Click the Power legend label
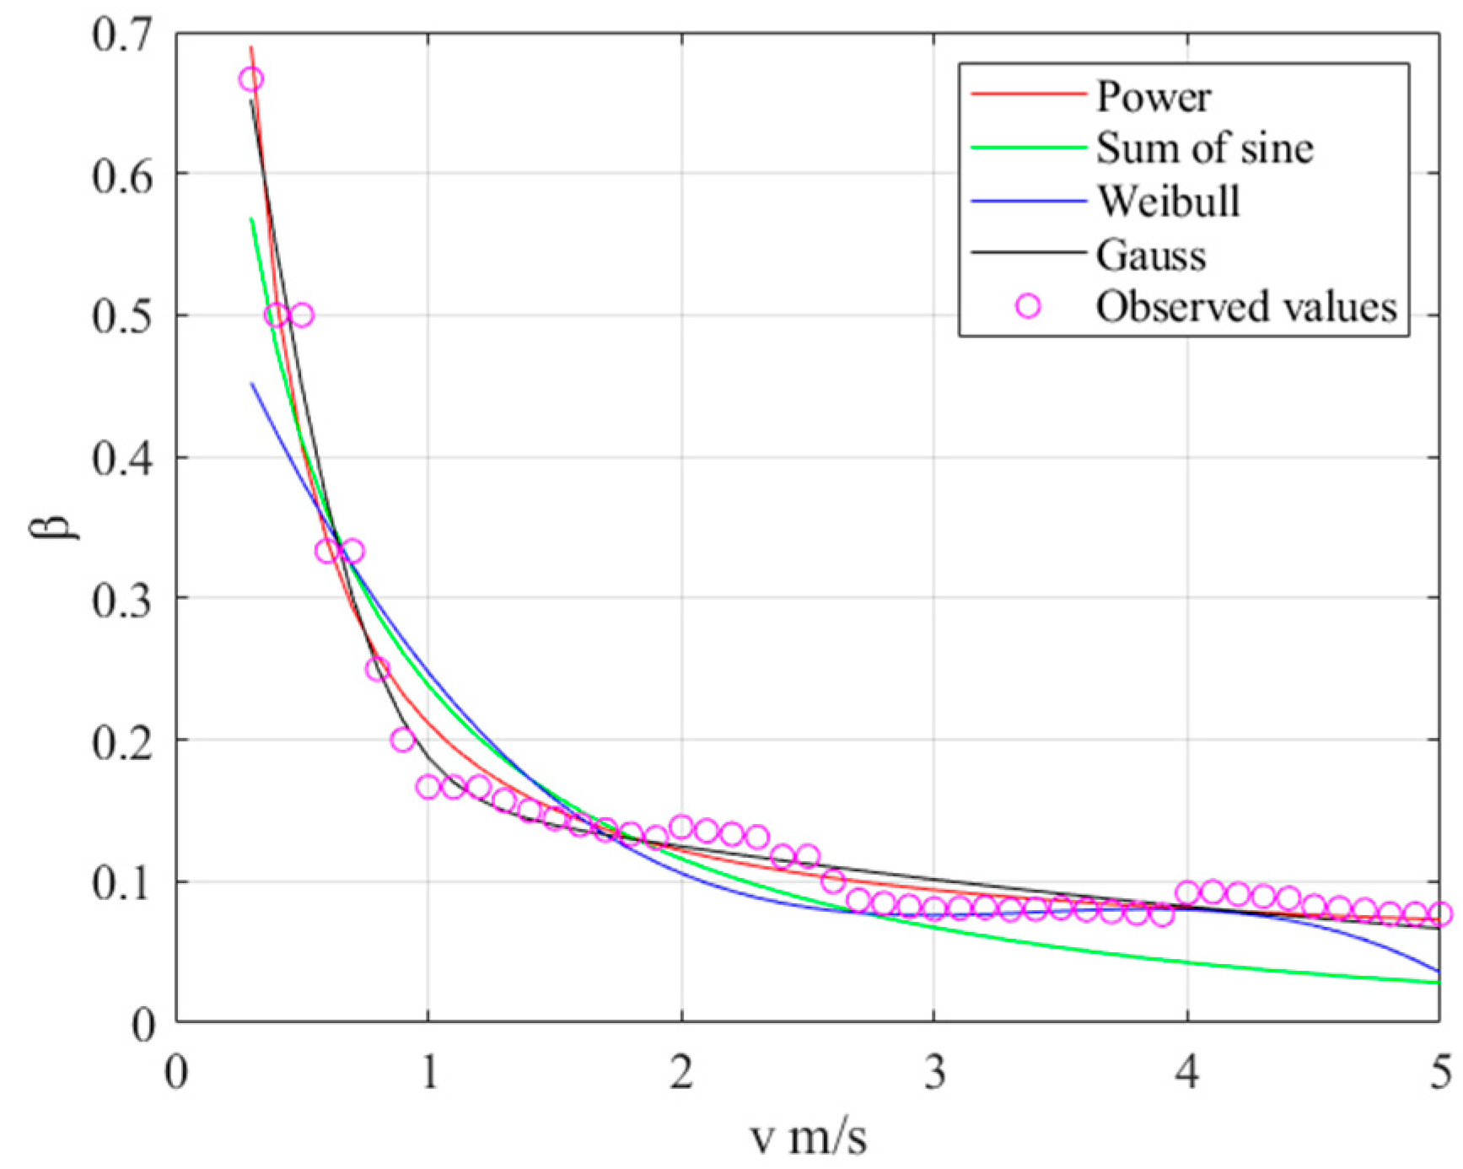(1153, 96)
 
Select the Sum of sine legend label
(1204, 148)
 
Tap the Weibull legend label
(1168, 201)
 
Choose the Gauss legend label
(1151, 254)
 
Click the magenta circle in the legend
(1028, 306)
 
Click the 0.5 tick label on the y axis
(123, 315)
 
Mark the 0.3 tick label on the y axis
(123, 598)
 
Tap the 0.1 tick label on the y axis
(123, 882)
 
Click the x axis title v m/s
(808, 1136)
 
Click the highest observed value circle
(251, 80)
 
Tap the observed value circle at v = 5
(1440, 913)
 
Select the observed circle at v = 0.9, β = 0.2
(403, 740)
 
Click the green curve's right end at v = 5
(1439, 983)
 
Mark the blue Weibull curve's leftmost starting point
(251, 384)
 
